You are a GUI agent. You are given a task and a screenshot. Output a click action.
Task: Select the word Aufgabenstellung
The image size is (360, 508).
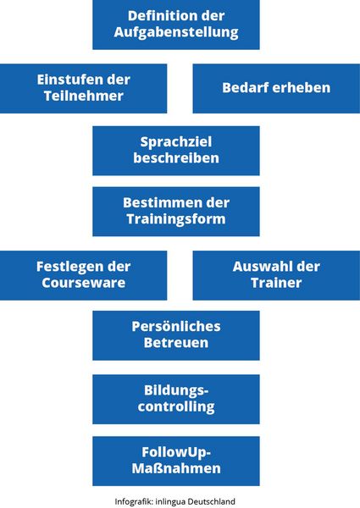pyautogui.click(x=176, y=32)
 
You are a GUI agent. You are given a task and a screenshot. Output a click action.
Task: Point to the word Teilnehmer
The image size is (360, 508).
pyautogui.click(x=84, y=96)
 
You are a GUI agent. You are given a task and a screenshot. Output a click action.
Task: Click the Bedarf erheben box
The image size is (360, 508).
pyautogui.click(x=276, y=88)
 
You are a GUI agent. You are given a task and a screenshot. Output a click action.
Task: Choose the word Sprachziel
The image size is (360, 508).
pyautogui.click(x=176, y=142)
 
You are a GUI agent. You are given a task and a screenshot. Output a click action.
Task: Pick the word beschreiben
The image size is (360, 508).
pyautogui.click(x=176, y=157)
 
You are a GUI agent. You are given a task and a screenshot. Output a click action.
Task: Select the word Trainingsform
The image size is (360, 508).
pyautogui.click(x=176, y=219)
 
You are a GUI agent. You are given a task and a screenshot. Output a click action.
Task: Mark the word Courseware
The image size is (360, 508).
pyautogui.click(x=84, y=283)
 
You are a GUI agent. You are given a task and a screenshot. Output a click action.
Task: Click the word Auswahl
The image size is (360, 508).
pyautogui.click(x=258, y=267)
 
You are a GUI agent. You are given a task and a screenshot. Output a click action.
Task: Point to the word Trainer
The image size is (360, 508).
pyautogui.click(x=276, y=283)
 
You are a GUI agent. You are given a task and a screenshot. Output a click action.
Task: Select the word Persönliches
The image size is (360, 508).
pyautogui.click(x=176, y=326)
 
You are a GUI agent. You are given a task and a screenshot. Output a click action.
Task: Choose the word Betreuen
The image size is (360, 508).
pyautogui.click(x=176, y=342)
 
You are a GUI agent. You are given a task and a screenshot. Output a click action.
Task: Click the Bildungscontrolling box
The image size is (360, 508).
pyautogui.click(x=176, y=399)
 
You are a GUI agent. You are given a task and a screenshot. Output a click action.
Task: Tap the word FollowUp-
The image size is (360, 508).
pyautogui.click(x=176, y=453)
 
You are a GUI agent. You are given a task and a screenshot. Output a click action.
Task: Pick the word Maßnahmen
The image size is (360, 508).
pyautogui.click(x=176, y=468)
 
